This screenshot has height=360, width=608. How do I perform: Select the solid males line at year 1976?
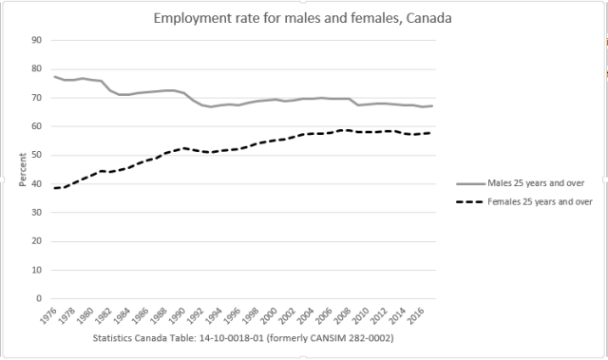[x=55, y=77]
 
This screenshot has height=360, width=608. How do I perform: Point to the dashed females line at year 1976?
[x=55, y=188]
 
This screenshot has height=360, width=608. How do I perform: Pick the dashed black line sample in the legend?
[x=470, y=201]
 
